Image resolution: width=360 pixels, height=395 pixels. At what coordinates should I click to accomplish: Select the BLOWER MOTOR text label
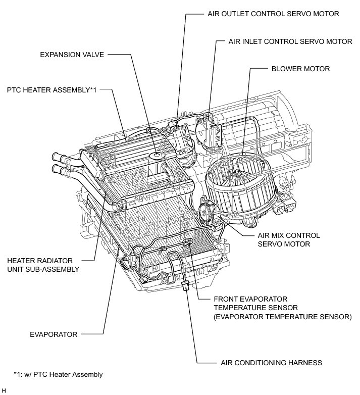[x=300, y=68]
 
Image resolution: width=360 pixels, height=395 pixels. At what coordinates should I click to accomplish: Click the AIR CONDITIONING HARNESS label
[x=271, y=363]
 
